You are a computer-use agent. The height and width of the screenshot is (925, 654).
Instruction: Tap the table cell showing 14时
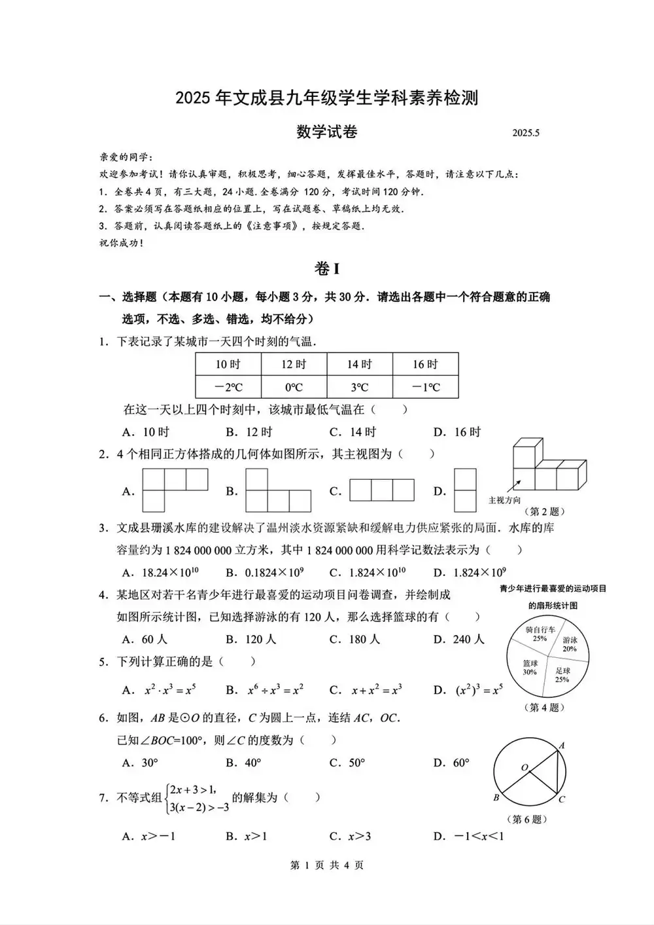pyautogui.click(x=360, y=365)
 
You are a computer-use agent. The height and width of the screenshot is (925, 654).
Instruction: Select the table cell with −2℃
pyautogui.click(x=228, y=387)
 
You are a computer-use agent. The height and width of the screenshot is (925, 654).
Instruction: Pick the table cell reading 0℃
pyautogui.click(x=294, y=387)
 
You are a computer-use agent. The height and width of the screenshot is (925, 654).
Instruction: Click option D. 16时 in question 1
pyautogui.click(x=457, y=432)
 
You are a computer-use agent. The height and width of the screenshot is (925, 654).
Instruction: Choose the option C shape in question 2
pyautogui.click(x=381, y=490)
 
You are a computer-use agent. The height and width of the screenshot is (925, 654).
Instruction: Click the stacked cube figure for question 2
pyautogui.click(x=548, y=466)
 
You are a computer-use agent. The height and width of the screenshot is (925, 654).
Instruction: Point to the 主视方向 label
pyautogui.click(x=504, y=500)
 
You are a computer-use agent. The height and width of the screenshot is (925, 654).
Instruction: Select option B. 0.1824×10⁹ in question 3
pyautogui.click(x=265, y=573)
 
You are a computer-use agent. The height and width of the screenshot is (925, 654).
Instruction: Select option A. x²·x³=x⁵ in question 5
pyautogui.click(x=160, y=690)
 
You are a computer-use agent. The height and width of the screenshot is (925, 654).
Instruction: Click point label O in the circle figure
pyautogui.click(x=524, y=767)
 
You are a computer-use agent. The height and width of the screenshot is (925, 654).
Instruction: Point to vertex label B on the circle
pyautogui.click(x=496, y=798)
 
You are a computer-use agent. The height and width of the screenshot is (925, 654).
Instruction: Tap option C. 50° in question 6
pyautogui.click(x=347, y=763)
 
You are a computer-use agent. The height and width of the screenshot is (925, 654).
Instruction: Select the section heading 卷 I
pyautogui.click(x=327, y=269)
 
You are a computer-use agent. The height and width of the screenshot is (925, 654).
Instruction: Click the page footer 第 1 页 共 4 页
pyautogui.click(x=326, y=865)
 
